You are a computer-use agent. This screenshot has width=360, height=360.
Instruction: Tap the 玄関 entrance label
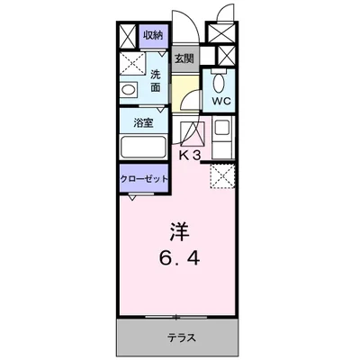(183, 58)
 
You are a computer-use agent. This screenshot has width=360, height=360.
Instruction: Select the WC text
(221, 102)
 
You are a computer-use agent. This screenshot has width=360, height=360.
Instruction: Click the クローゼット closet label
(145, 178)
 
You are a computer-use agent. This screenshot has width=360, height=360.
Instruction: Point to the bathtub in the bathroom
(144, 148)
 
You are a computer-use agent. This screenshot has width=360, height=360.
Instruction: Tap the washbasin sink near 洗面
(128, 90)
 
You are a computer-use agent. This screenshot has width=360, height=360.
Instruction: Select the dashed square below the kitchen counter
(221, 175)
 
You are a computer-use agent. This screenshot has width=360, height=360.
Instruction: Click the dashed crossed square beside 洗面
(132, 66)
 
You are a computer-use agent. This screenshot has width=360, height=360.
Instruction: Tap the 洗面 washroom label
(155, 81)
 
